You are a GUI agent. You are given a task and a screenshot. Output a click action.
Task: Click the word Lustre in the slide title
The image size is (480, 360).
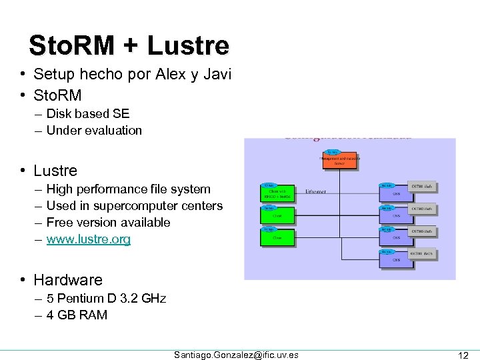(x=188, y=45)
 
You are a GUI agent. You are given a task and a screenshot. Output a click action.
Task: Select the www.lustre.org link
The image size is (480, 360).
(x=89, y=239)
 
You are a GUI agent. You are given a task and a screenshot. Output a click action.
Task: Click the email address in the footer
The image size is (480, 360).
(x=236, y=355)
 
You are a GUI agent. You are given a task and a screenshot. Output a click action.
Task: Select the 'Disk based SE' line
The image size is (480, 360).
(x=88, y=114)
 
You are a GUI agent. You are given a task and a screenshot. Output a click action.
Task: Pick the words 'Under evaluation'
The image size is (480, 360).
(x=94, y=131)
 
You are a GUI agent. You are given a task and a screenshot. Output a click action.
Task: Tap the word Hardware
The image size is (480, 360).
(x=68, y=280)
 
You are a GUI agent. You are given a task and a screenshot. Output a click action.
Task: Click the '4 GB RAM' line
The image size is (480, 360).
(x=77, y=315)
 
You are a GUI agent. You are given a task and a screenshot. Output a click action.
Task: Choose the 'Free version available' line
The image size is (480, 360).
(x=108, y=222)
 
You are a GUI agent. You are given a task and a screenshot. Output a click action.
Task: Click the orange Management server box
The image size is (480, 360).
(x=341, y=161)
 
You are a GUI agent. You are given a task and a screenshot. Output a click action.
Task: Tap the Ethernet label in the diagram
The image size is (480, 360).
(x=316, y=192)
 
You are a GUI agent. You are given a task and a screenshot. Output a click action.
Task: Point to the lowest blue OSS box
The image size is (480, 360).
(x=397, y=259)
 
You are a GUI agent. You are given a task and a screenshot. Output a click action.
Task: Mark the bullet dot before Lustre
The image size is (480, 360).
(x=23, y=171)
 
